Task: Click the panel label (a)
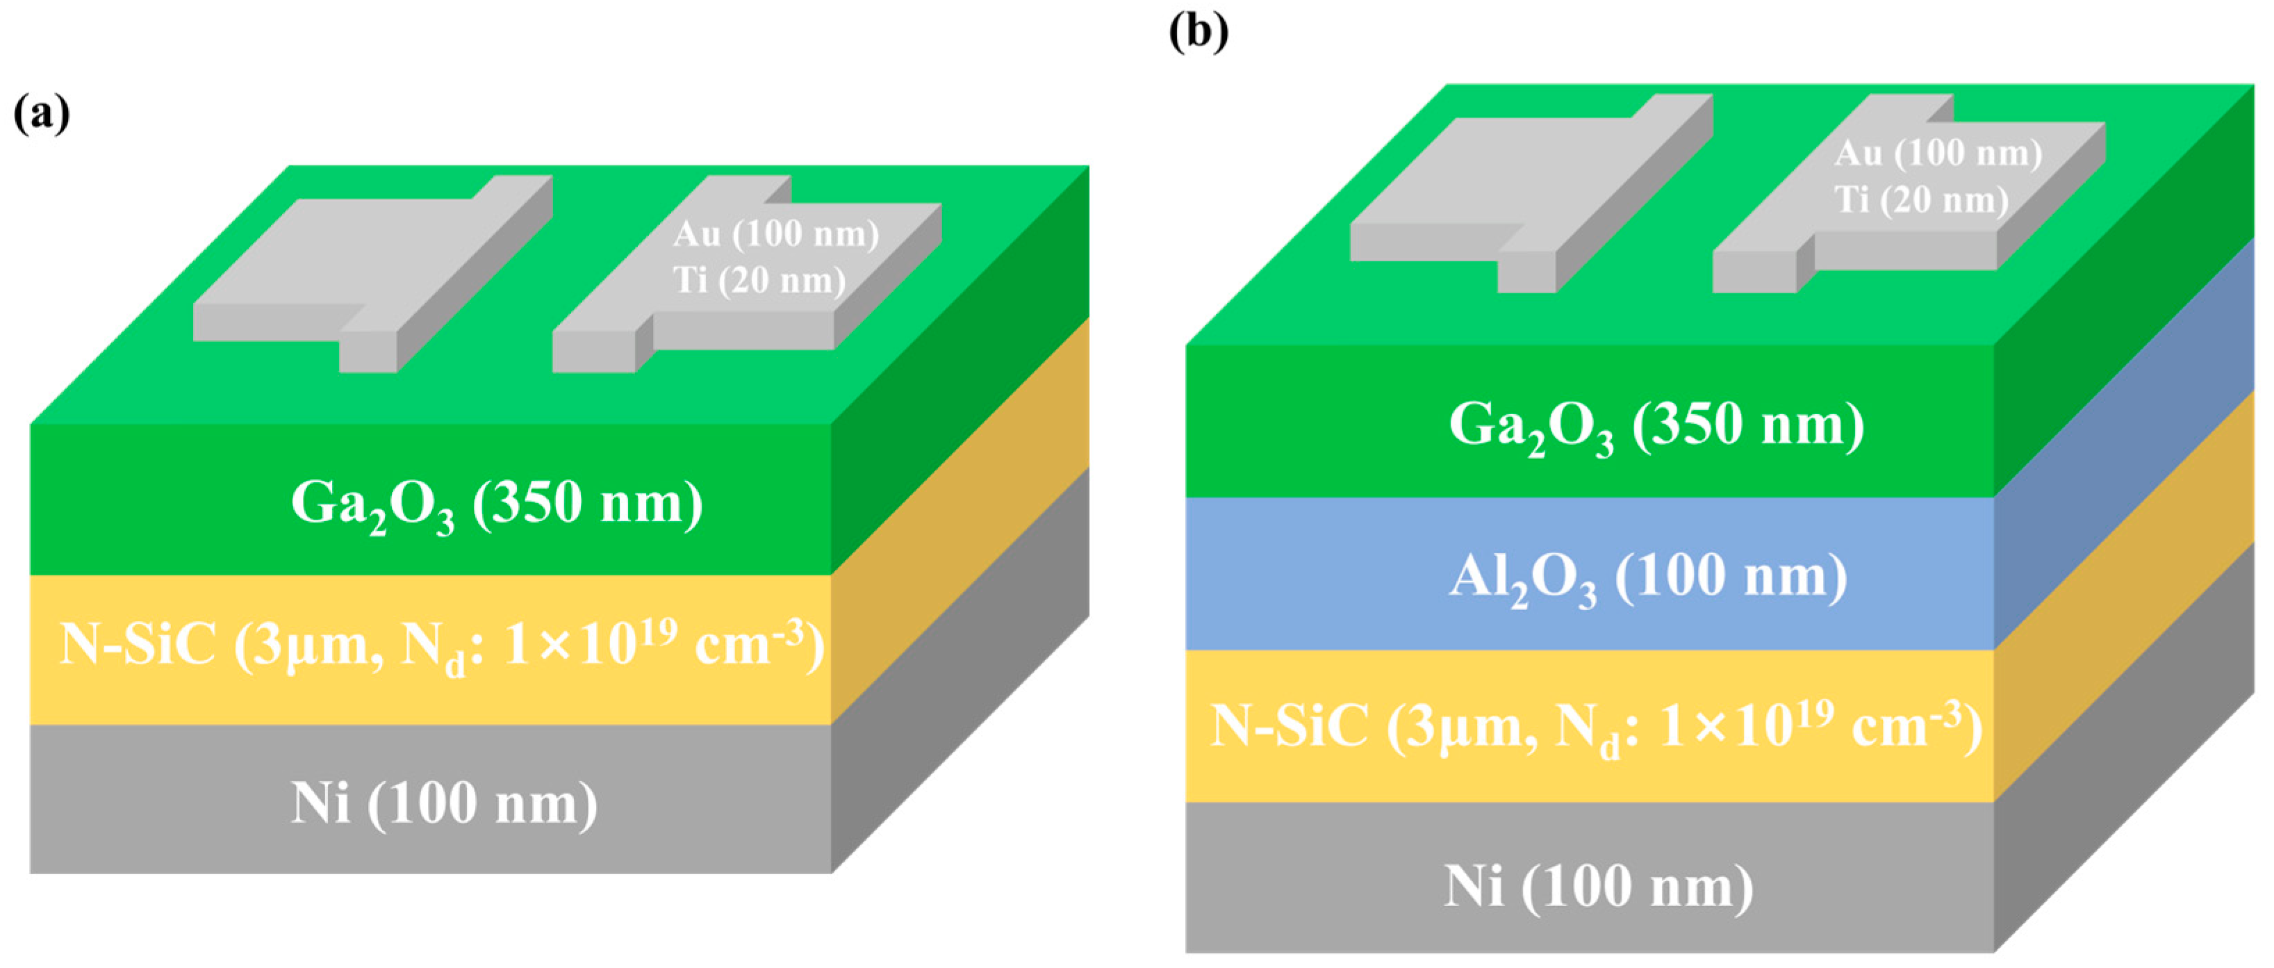click(42, 114)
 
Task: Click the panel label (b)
click(1198, 32)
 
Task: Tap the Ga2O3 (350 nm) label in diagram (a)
click(496, 504)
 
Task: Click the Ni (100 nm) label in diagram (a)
click(444, 804)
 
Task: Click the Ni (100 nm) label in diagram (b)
click(1598, 886)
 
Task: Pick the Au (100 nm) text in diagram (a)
click(775, 234)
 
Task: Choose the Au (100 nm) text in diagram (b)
click(1938, 153)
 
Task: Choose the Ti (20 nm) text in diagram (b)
click(1921, 199)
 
